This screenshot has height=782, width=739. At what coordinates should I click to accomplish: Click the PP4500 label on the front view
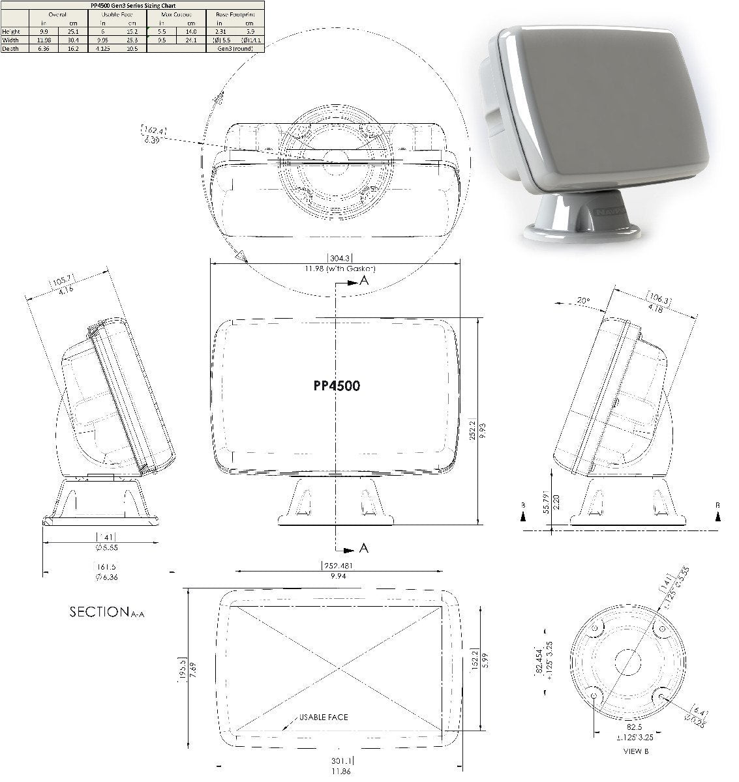(337, 385)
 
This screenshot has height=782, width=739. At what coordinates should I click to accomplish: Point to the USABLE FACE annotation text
(324, 717)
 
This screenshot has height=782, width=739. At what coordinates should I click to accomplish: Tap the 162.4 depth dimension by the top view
(153, 131)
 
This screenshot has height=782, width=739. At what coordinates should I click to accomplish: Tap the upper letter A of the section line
(364, 281)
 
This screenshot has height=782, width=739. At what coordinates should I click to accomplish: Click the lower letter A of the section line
(364, 548)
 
